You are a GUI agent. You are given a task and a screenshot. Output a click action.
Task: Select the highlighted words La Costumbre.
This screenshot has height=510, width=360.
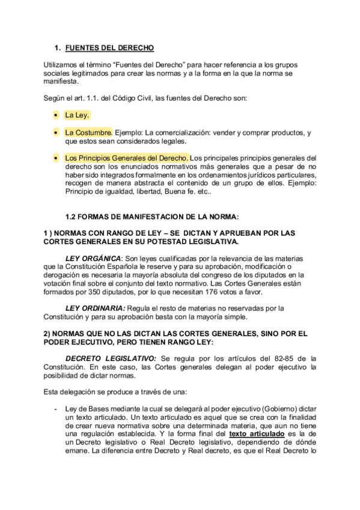pos(88,132)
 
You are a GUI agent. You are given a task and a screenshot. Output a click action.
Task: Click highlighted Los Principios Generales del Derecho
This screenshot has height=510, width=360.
pos(127,158)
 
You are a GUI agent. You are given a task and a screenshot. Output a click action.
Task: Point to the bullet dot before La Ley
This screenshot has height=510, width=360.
pos(56,114)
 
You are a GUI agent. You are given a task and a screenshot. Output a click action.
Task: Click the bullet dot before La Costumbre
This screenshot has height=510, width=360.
pos(56,132)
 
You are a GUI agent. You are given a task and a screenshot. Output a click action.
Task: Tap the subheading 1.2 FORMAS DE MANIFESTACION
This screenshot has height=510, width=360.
pos(151,216)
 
